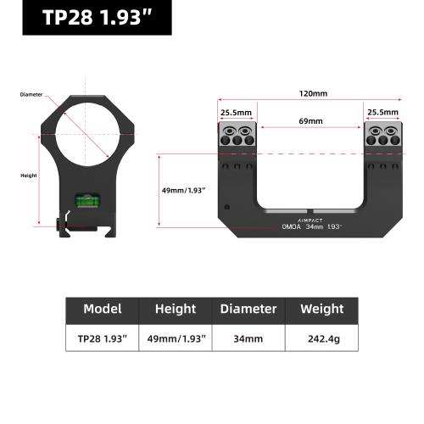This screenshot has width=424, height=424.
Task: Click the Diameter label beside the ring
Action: (x=31, y=94)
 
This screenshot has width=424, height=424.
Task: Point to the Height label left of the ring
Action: (x=29, y=176)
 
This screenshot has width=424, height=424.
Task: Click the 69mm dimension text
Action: (x=310, y=121)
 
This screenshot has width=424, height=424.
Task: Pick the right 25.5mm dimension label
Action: (x=382, y=111)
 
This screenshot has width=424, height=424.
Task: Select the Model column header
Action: (x=103, y=309)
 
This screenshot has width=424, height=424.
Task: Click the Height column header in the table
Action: (x=176, y=309)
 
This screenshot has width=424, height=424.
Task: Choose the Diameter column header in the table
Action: (x=248, y=309)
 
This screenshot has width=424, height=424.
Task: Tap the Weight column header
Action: (x=321, y=309)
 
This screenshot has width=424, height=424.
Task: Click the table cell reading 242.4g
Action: (x=321, y=338)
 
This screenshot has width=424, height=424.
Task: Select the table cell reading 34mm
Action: (x=248, y=338)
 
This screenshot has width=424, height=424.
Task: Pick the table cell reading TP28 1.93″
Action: (x=103, y=338)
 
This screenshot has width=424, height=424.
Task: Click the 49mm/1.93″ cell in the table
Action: (x=176, y=338)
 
